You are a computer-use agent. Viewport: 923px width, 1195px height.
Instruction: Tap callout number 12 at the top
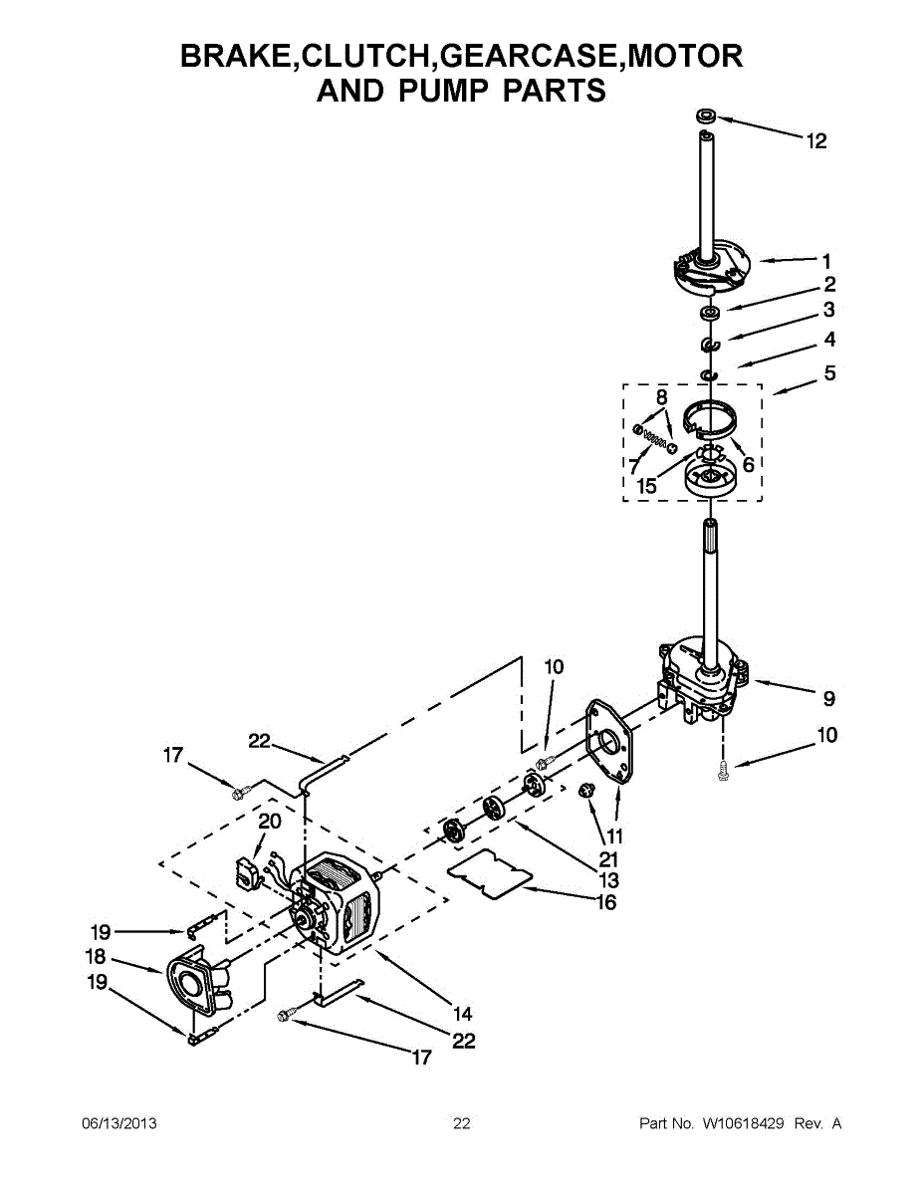click(816, 141)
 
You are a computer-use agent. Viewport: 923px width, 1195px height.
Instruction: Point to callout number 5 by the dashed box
click(829, 374)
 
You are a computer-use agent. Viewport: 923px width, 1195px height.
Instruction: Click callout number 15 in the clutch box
click(647, 486)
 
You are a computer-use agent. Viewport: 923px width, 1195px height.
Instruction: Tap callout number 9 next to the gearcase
click(828, 698)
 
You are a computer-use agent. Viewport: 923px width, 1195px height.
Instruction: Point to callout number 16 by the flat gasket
click(605, 902)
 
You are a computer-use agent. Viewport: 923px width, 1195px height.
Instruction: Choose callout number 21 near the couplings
click(609, 858)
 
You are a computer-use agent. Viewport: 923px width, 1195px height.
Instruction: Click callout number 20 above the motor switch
click(270, 822)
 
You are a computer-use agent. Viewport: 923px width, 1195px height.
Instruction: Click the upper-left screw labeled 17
click(238, 794)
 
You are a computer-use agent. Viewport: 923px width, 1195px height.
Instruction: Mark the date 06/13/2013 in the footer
click(118, 1123)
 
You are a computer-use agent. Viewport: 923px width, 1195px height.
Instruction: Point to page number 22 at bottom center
click(462, 1123)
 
